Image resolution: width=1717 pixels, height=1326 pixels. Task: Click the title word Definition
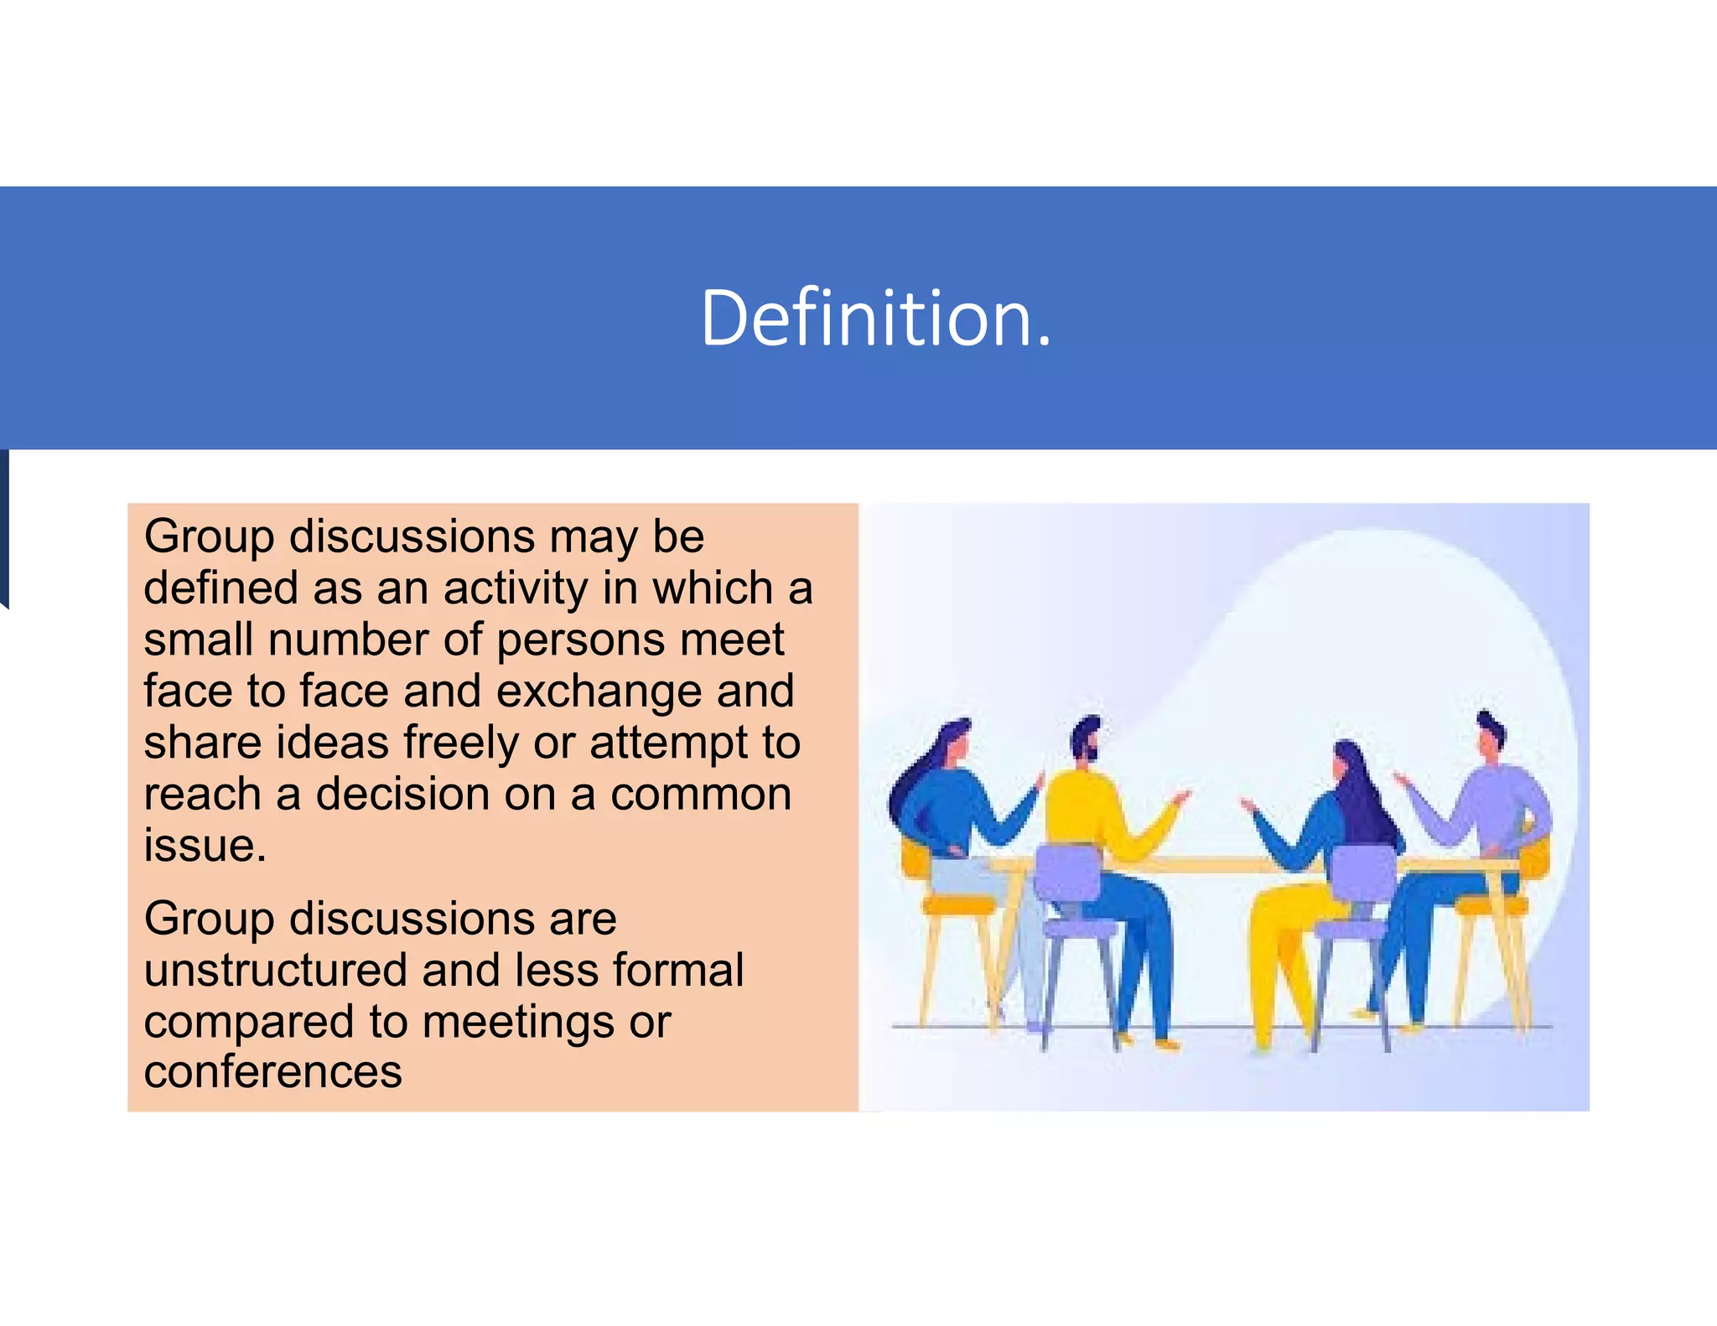[875, 318]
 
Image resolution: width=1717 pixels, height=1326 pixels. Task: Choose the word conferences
[272, 1072]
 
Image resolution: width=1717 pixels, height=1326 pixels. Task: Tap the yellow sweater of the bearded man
[1082, 809]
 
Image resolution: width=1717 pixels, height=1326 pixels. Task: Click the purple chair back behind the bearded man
[1067, 872]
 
